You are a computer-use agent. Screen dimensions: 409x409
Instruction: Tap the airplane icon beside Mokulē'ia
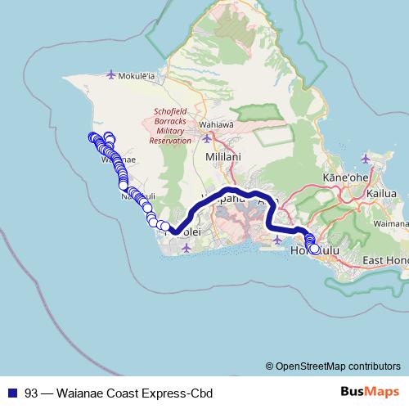[x=112, y=76]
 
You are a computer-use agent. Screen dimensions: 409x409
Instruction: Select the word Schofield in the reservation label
[x=170, y=111]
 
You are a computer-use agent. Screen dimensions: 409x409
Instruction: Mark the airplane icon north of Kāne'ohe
[x=364, y=158]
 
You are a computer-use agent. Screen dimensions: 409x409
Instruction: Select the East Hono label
[x=384, y=260]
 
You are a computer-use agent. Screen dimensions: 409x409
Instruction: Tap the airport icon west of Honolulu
[x=279, y=240]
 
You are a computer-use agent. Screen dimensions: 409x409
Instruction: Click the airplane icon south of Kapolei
[x=187, y=247]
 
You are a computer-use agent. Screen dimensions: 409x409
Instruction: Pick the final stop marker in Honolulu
[x=314, y=249]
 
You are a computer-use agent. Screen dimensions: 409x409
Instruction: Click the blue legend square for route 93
[x=11, y=393]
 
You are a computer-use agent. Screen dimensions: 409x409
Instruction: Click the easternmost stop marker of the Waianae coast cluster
[x=165, y=226]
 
